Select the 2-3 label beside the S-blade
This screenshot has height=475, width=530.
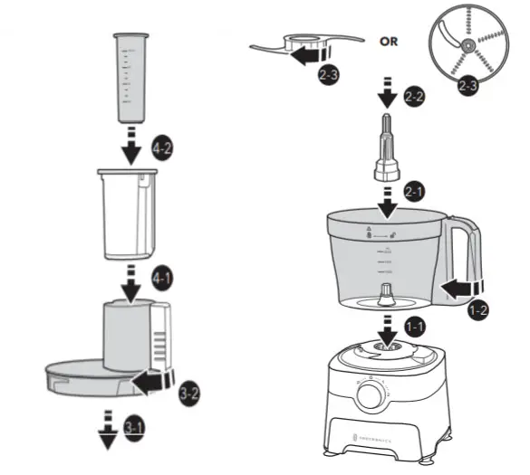(x=329, y=78)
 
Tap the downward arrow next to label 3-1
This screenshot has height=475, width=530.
(x=109, y=429)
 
